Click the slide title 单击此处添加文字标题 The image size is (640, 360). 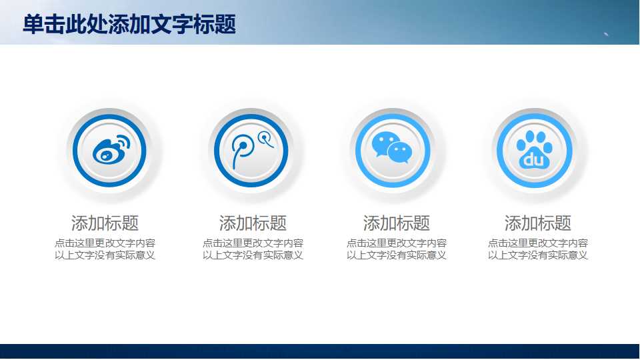click(x=129, y=25)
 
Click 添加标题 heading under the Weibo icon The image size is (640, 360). click(x=105, y=223)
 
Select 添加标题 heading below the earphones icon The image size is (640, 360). click(x=253, y=223)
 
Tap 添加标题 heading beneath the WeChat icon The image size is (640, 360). click(x=397, y=223)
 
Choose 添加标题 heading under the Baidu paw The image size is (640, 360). click(x=538, y=223)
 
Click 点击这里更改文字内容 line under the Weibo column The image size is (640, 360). click(x=105, y=243)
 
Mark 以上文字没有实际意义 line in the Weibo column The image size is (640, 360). click(x=105, y=255)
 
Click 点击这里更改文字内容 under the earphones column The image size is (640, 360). click(x=253, y=243)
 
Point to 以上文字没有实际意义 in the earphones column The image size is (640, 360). click(x=253, y=255)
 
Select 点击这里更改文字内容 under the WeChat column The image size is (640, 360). click(x=397, y=243)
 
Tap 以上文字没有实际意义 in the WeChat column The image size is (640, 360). click(x=397, y=255)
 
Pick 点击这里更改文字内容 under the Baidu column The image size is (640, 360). click(x=538, y=243)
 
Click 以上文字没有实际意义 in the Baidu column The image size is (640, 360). click(x=538, y=255)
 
